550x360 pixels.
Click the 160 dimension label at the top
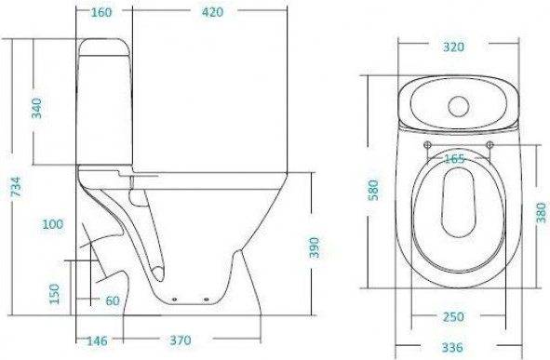click(101, 12)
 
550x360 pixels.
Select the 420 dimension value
click(212, 12)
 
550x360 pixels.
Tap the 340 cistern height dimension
click(36, 108)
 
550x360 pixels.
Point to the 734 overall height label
click(16, 186)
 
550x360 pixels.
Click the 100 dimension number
click(53, 224)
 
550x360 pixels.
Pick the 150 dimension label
click(54, 294)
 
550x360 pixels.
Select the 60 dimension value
click(113, 300)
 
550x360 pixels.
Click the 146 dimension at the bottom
click(97, 340)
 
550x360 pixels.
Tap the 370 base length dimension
click(181, 340)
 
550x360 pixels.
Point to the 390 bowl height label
click(315, 247)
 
